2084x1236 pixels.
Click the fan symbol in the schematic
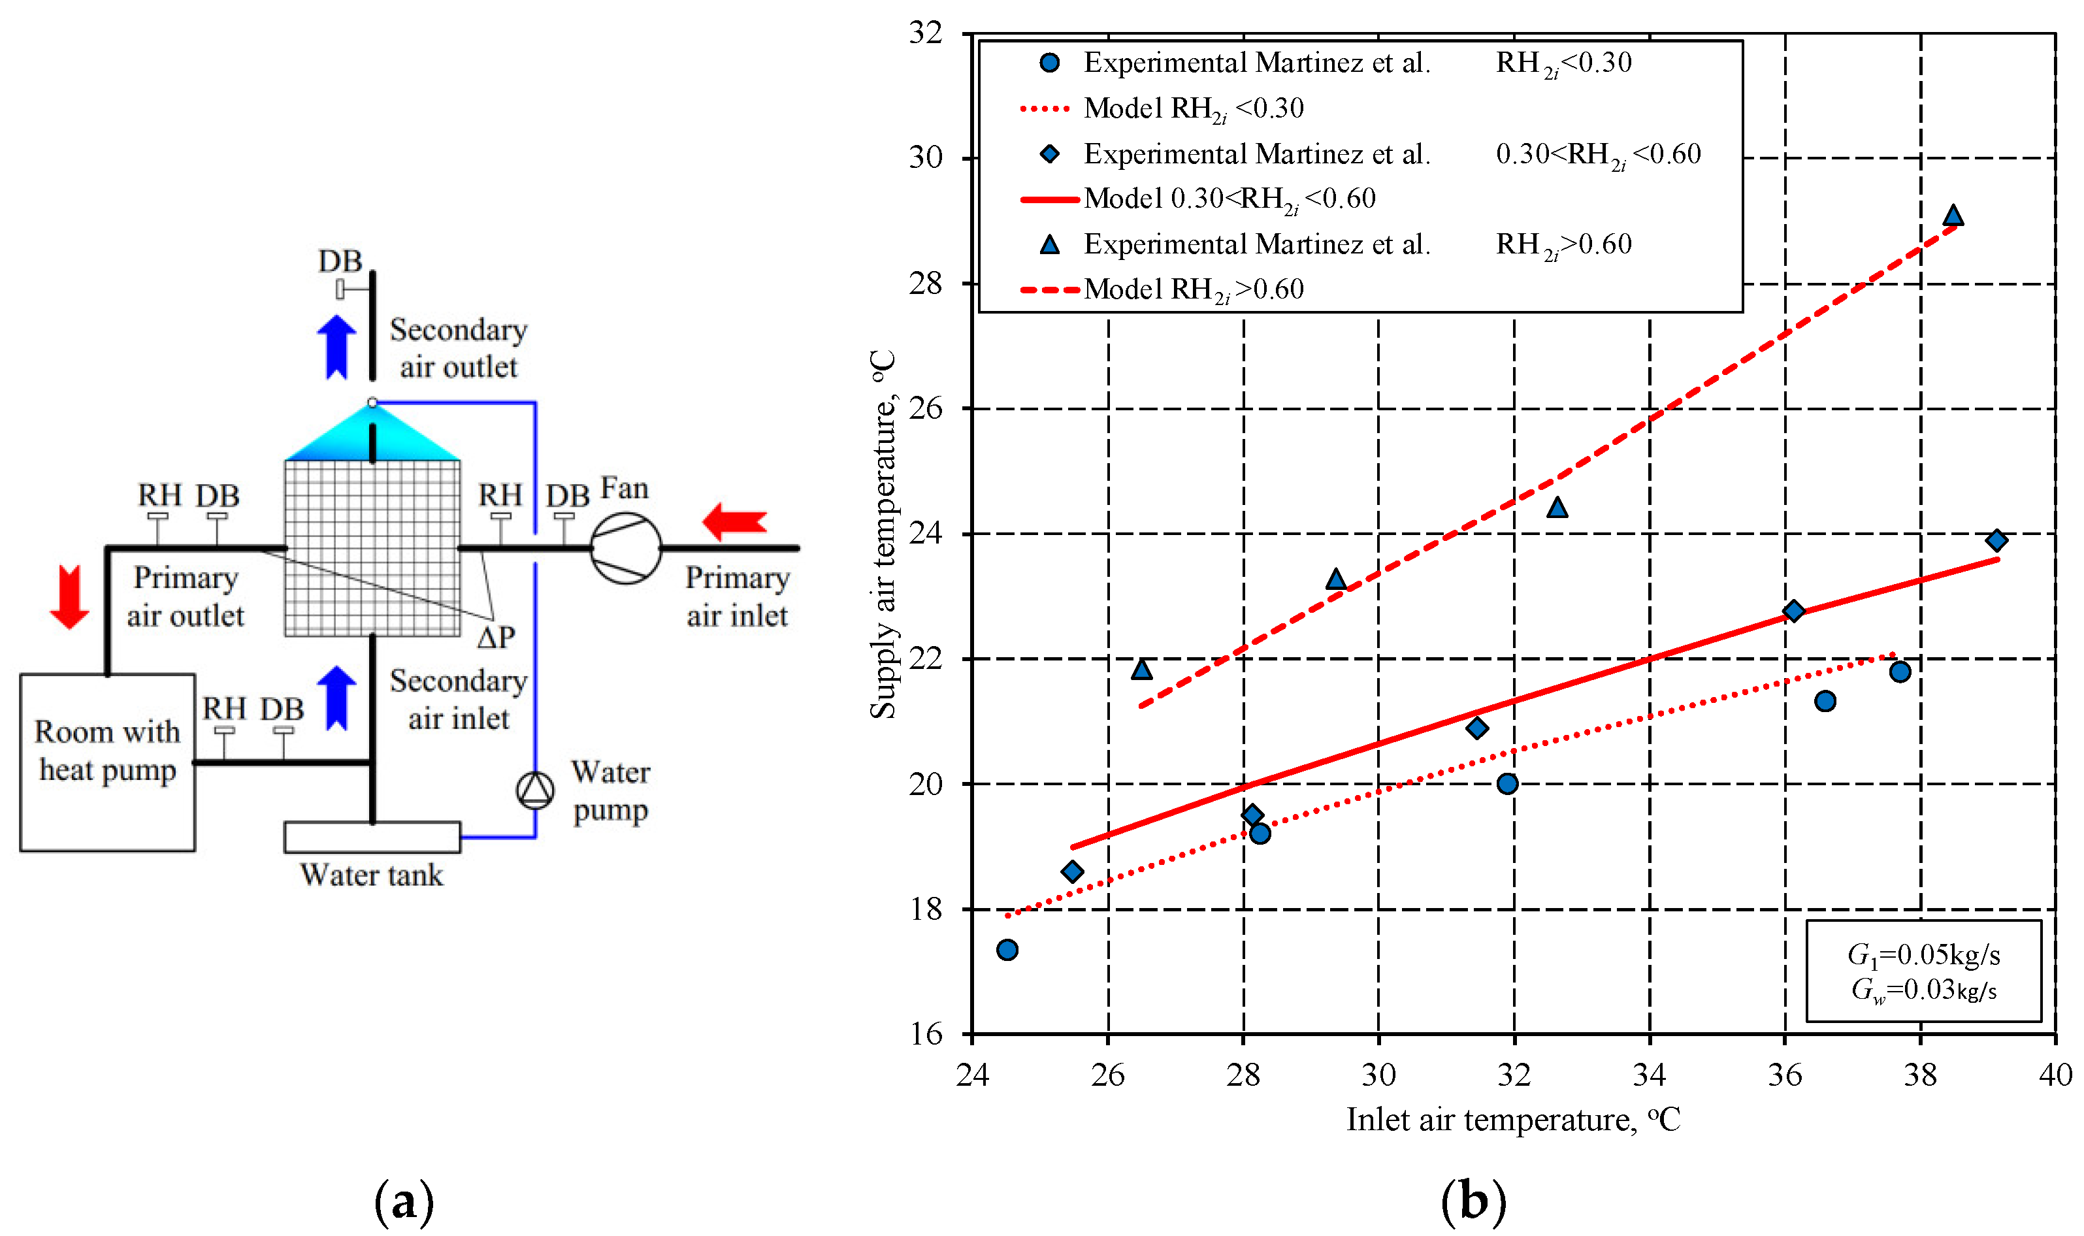click(626, 548)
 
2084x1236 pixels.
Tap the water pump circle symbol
click(535, 790)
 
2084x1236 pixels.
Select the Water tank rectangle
click(372, 837)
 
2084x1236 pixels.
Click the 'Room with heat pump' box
click(107, 762)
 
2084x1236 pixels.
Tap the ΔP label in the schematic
click(497, 637)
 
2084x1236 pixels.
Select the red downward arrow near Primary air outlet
click(70, 596)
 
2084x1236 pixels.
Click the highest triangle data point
click(1953, 216)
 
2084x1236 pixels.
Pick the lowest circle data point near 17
click(1007, 949)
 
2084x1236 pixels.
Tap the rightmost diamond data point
click(1996, 540)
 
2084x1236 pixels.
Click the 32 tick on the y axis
click(926, 33)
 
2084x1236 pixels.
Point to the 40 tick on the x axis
click(2055, 1075)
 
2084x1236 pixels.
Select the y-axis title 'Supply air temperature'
click(883, 533)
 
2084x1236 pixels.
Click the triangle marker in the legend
click(1049, 244)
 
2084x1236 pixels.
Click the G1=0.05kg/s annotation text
click(1924, 954)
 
